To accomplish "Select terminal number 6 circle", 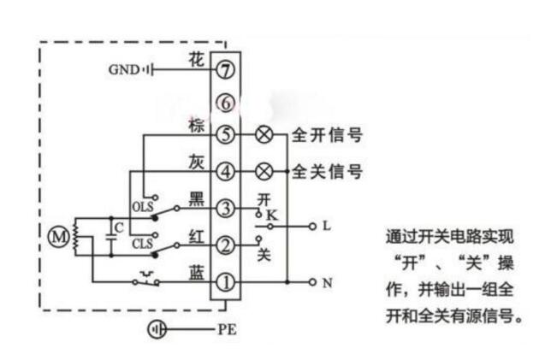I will coord(226,103).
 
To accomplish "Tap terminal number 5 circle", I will coord(226,135).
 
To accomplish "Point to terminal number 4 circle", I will coord(226,171).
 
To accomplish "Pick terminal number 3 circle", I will coord(226,208).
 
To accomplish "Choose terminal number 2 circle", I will coord(226,245).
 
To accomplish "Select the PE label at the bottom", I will coord(227,328).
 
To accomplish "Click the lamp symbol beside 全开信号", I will coord(264,135).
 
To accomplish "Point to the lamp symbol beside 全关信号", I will coord(264,171).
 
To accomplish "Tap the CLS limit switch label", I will coord(142,242).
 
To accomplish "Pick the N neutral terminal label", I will coord(326,281).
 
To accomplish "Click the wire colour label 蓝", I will coord(195,272).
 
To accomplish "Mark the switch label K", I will coord(271,214).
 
